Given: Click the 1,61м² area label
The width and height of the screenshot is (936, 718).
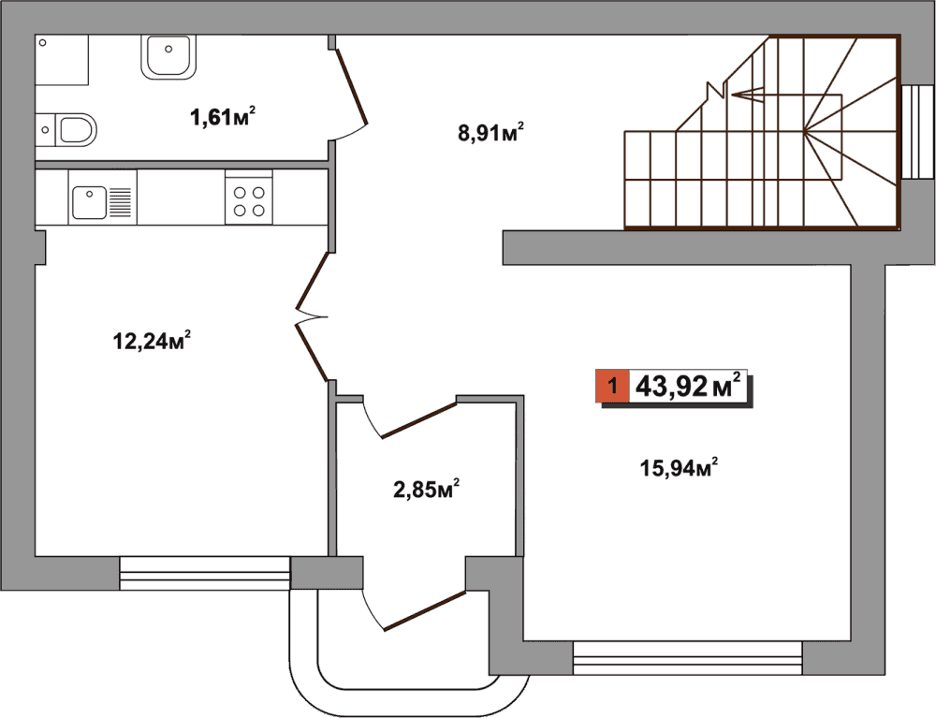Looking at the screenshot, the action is pos(224,116).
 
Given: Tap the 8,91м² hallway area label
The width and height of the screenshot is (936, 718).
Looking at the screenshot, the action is pos(491,133).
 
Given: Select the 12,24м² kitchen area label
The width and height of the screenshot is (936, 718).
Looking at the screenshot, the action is pos(153,341).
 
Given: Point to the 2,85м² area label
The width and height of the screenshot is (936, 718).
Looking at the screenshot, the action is pos(426,490).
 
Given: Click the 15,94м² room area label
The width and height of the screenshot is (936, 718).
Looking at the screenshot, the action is pos(679,467).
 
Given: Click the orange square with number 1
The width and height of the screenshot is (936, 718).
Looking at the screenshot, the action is pos(612,386).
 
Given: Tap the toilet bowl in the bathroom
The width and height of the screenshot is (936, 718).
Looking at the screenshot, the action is pos(77,129).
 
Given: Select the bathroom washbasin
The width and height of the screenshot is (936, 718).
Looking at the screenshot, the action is pos(168,57).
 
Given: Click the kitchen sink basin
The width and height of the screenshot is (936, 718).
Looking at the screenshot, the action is pos(90,202).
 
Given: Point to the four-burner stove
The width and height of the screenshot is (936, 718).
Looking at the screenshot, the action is pos(249,200).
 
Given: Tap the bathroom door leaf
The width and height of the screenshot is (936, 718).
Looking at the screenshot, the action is pos(352,87).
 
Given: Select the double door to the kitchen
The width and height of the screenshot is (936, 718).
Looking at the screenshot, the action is pos(313,316).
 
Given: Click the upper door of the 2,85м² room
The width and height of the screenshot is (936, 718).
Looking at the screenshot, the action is pos(419,420).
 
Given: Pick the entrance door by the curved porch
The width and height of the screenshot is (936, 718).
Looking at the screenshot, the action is pos(424,610).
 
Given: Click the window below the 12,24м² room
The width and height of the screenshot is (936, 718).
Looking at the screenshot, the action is pos(205,573).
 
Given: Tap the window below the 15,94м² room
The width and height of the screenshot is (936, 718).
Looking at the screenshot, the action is pos(687,658).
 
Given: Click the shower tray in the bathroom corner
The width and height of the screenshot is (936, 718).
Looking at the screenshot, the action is pos(62,60).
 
